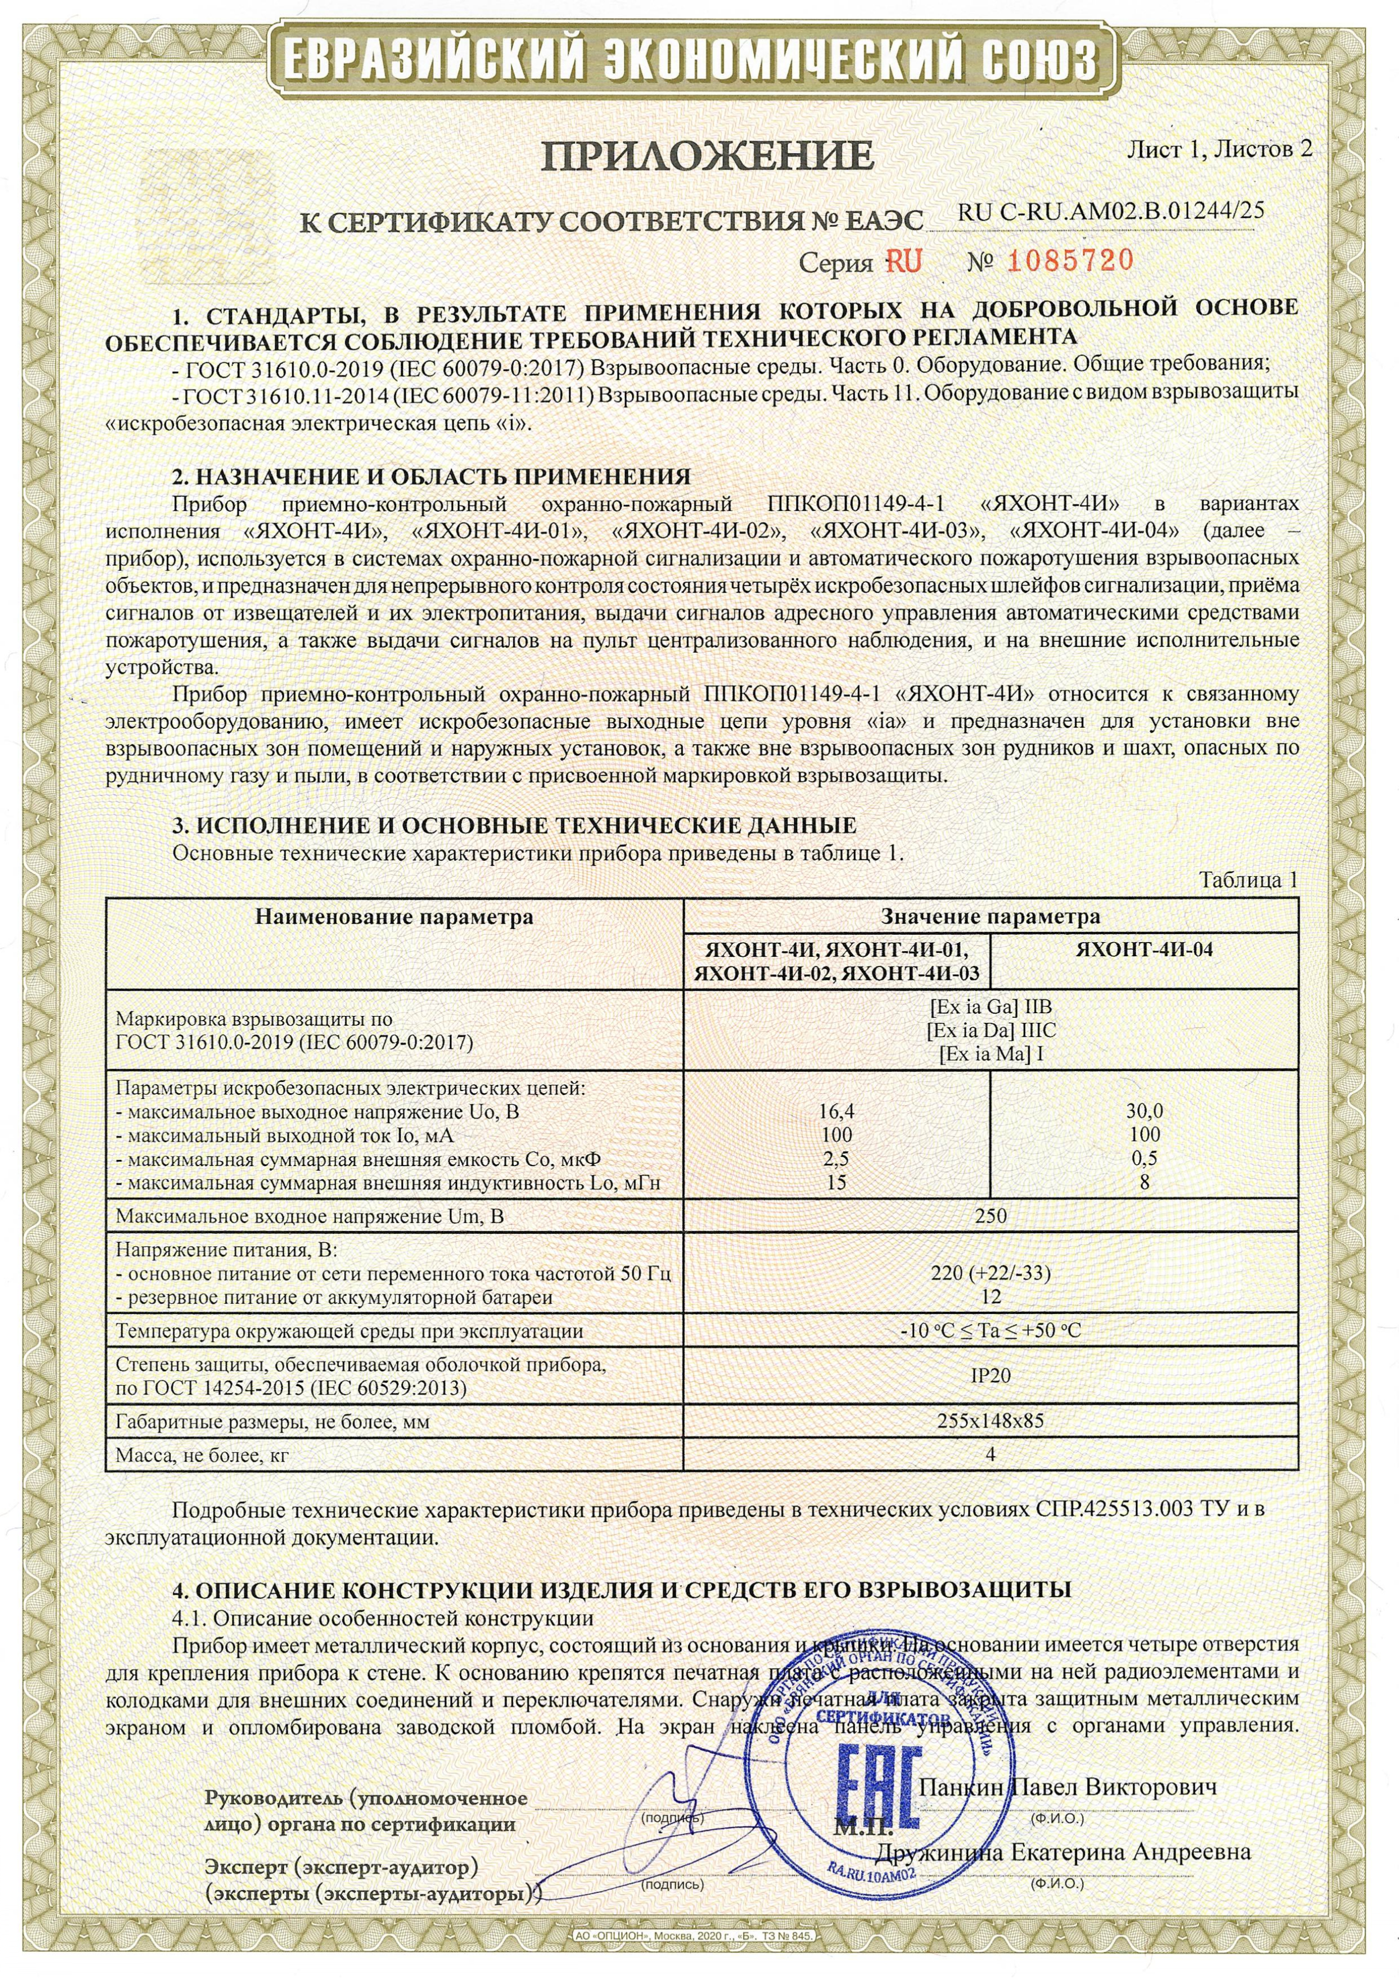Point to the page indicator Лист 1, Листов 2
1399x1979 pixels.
(1219, 149)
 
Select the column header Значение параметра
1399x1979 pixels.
(991, 916)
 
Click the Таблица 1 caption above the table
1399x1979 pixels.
(1248, 880)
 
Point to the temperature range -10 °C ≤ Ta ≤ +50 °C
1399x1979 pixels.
(991, 1331)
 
